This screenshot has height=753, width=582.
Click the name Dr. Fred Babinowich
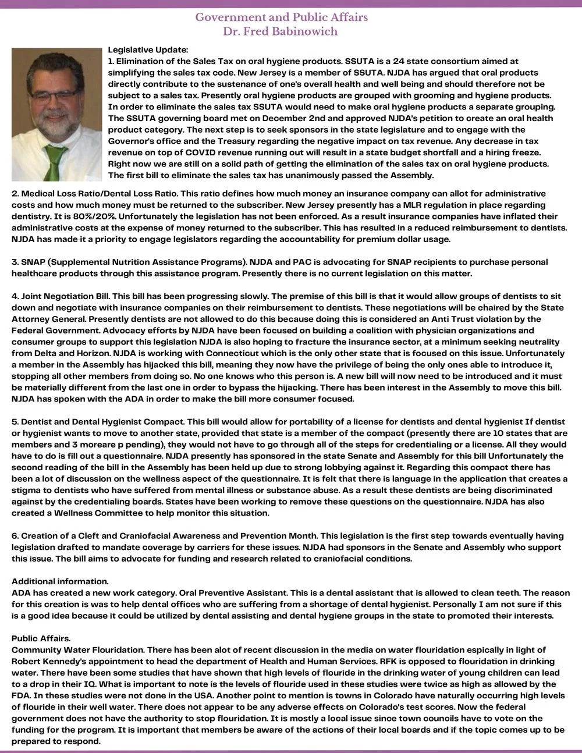pyautogui.click(x=281, y=31)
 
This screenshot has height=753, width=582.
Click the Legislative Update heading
pyautogui.click(x=148, y=51)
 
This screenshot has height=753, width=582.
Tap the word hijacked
pyautogui.click(x=158, y=365)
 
